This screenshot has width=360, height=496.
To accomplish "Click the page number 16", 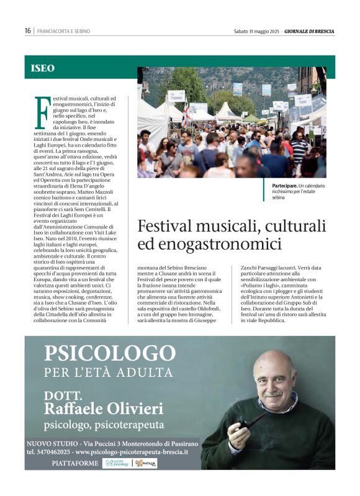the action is pyautogui.click(x=28, y=30).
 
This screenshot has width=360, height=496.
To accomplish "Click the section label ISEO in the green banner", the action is pyautogui.click(x=42, y=68).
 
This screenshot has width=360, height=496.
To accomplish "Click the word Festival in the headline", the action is pyautogui.click(x=165, y=225).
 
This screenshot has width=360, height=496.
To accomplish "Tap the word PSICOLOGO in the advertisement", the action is pyautogui.click(x=109, y=354).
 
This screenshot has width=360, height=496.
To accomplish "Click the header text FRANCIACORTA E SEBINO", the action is pyautogui.click(x=63, y=31).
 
